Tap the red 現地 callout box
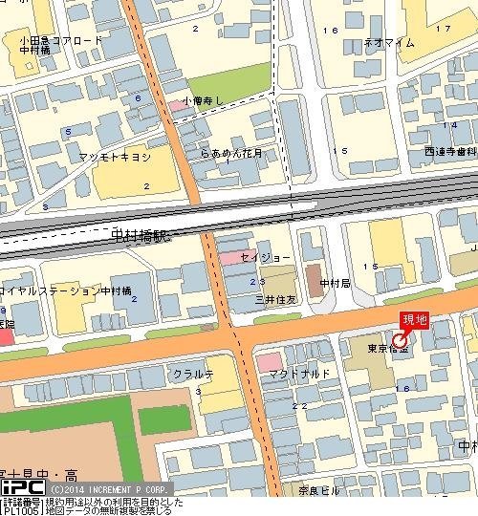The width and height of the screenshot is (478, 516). tap(414, 320)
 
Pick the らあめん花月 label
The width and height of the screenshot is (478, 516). tap(231, 152)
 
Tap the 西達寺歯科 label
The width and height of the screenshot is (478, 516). tap(450, 151)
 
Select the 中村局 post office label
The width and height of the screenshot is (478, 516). tap(336, 284)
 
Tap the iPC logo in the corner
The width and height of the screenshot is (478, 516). tap(22, 485)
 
